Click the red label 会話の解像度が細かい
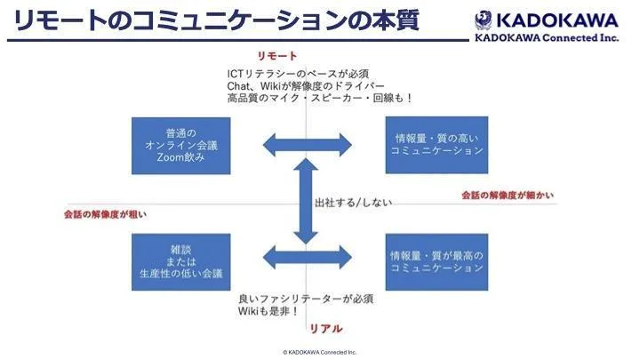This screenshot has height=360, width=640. [x=508, y=195]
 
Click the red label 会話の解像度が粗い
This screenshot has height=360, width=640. [x=105, y=213]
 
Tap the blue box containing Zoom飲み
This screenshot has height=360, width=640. [x=174, y=145]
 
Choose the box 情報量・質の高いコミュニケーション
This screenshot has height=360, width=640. [x=436, y=145]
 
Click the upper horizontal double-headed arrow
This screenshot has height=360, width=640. [x=306, y=144]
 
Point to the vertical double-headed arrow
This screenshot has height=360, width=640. [x=306, y=204]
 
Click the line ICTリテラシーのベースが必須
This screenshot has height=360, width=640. [x=298, y=73]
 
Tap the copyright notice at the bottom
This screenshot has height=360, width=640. [x=319, y=352]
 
